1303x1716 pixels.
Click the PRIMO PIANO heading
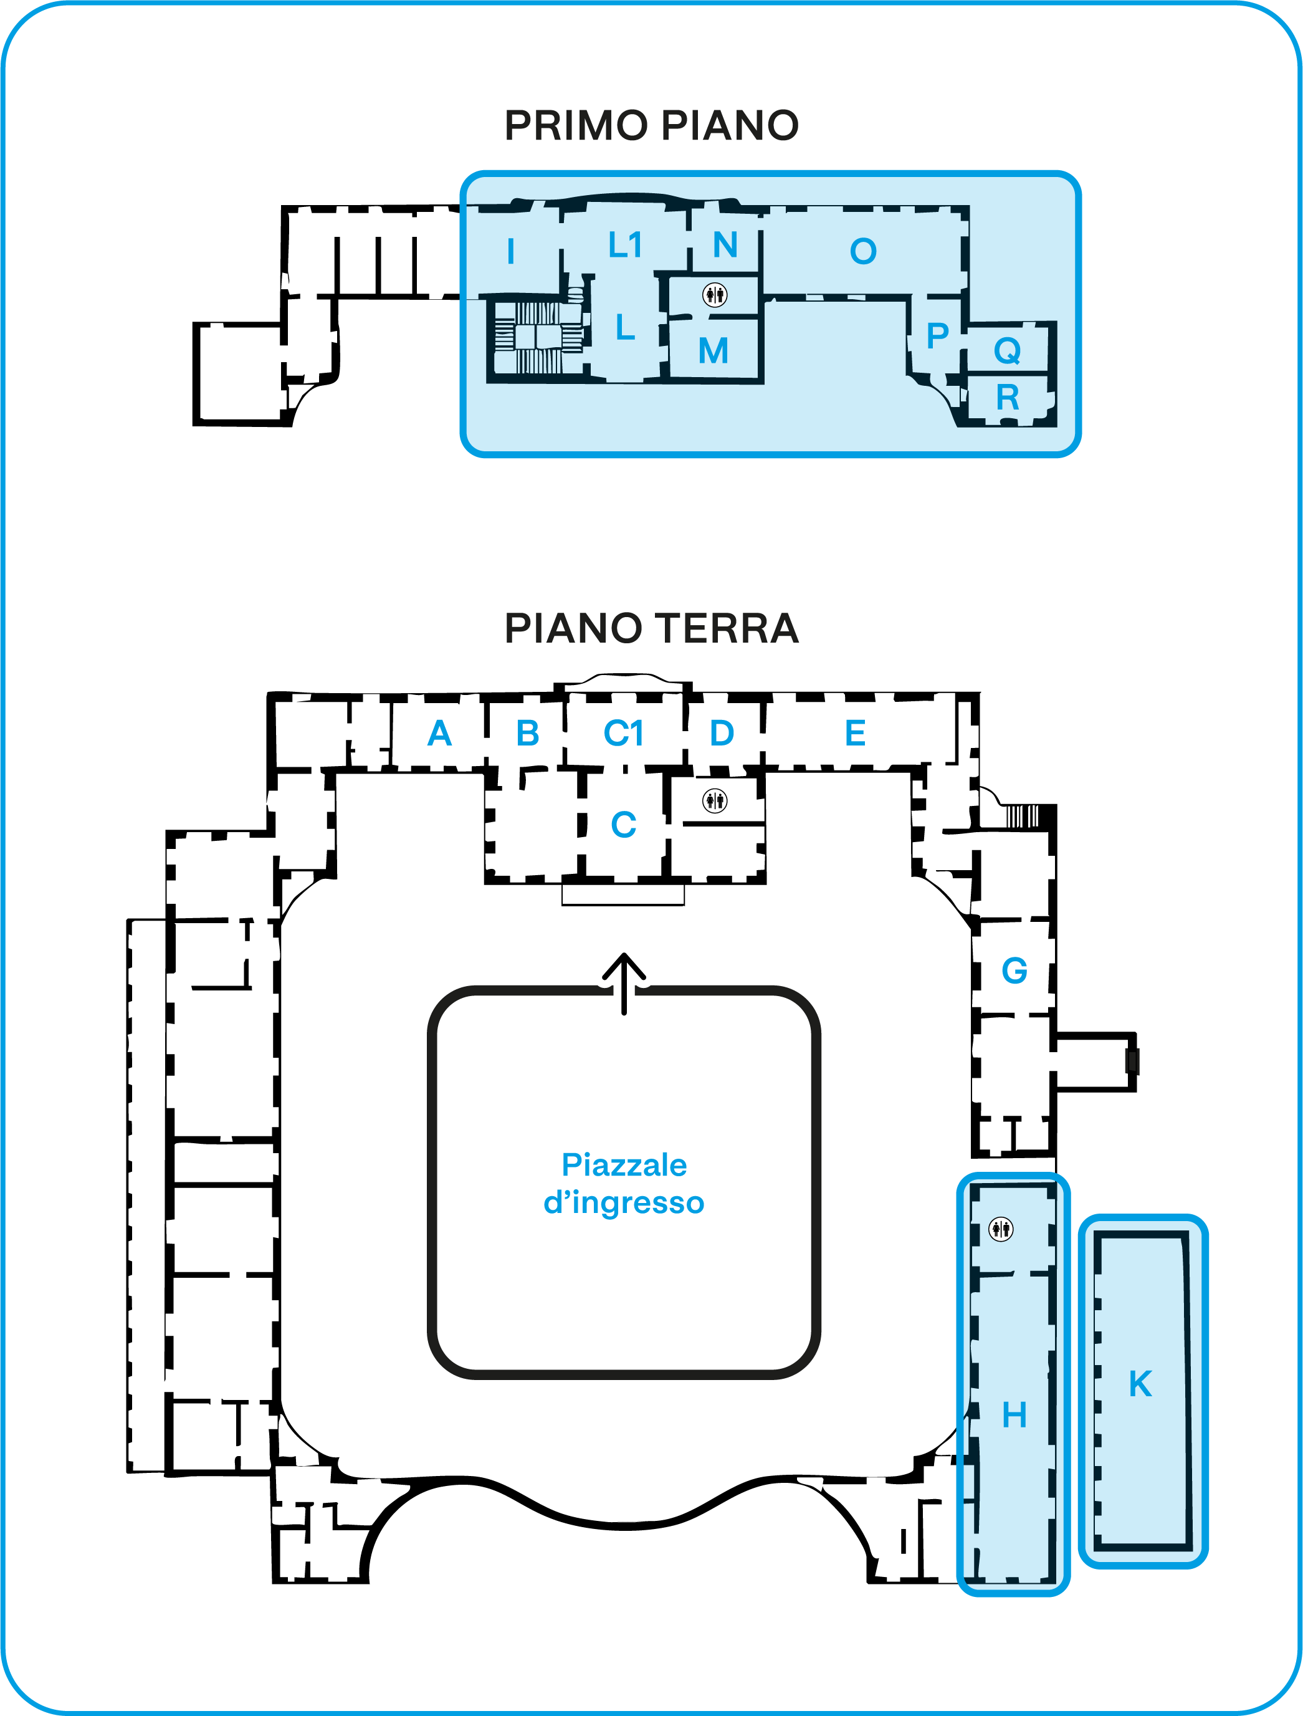[x=652, y=125]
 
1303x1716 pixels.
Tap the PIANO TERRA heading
[x=652, y=628]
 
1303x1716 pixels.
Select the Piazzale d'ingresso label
[x=624, y=1183]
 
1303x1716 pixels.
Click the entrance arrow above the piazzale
[x=624, y=984]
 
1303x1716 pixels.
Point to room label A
[x=440, y=733]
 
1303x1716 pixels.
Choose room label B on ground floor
[x=528, y=733]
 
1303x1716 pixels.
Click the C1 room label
[x=624, y=733]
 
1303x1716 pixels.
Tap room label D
[x=722, y=733]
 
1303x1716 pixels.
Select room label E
[x=856, y=733]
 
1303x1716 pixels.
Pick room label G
[x=1014, y=971]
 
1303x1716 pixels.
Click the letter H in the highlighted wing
[x=1014, y=1415]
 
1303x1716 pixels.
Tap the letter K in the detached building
[x=1140, y=1384]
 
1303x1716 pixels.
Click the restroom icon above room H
[x=1001, y=1229]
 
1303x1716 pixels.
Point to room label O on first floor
[x=863, y=251]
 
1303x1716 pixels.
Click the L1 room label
[x=625, y=245]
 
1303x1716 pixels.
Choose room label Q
[x=1008, y=351]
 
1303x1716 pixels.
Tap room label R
[x=1008, y=398]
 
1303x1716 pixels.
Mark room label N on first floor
[x=725, y=245]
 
